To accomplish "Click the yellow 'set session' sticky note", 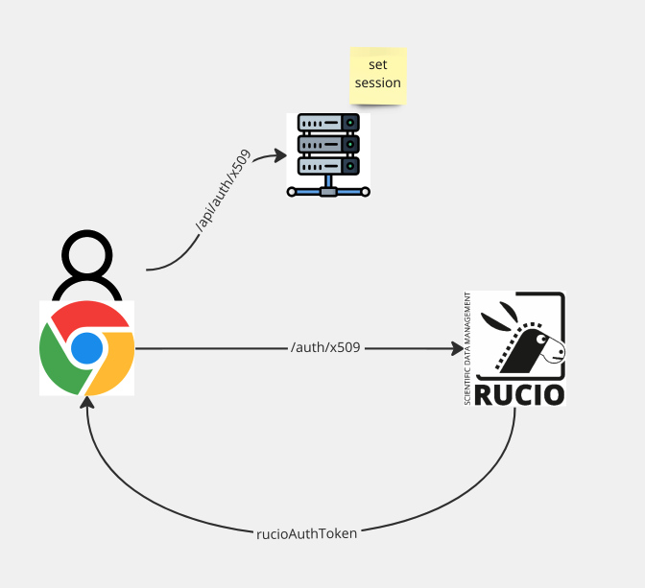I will click(x=377, y=75).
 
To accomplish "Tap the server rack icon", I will click(x=328, y=153).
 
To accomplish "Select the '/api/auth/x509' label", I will click(x=224, y=193).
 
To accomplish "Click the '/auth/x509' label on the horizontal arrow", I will click(x=325, y=347).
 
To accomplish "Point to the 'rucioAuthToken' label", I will click(x=306, y=533).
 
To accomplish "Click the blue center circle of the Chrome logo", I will click(x=86, y=347).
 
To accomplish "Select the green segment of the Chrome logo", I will click(x=58, y=363).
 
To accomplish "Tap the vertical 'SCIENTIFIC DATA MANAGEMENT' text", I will click(x=467, y=347).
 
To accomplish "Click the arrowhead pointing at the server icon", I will click(x=281, y=154).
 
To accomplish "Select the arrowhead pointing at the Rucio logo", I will click(x=456, y=348).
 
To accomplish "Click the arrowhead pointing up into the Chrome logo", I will click(x=88, y=403).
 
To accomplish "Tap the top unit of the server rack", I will click(x=328, y=123).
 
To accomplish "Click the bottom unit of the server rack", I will click(x=328, y=165).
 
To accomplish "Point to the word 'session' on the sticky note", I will click(x=377, y=83).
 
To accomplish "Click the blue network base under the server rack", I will click(x=328, y=190).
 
